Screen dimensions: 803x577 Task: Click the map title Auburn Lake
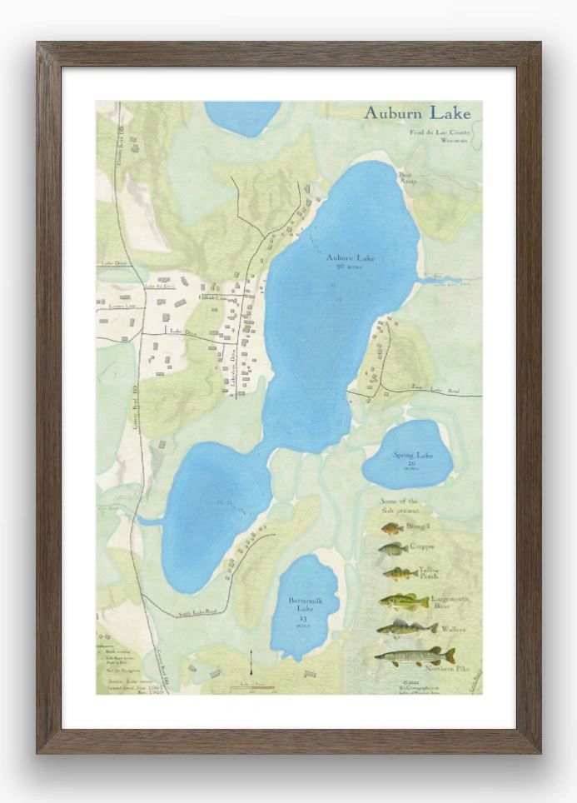pyautogui.click(x=416, y=112)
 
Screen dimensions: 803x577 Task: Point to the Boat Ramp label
pyautogui.click(x=406, y=178)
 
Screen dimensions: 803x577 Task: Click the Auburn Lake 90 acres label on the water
pyautogui.click(x=350, y=262)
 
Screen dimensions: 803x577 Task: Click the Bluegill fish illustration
pyautogui.click(x=392, y=528)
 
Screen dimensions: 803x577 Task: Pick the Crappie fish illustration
pyautogui.click(x=392, y=549)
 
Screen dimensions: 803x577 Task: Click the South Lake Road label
pyautogui.click(x=197, y=613)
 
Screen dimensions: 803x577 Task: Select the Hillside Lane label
pyautogui.click(x=212, y=297)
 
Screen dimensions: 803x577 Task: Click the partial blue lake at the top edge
pyautogui.click(x=242, y=117)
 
